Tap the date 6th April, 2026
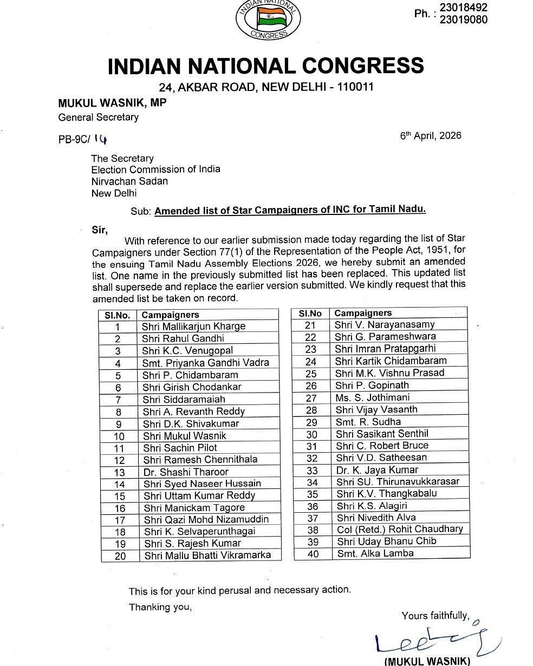(431, 135)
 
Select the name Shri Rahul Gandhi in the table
(183, 338)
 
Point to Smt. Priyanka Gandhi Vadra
(206, 363)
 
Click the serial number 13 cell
(120, 472)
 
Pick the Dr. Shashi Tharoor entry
(186, 472)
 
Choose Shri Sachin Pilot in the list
(180, 448)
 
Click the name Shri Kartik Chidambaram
(391, 361)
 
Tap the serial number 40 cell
(313, 554)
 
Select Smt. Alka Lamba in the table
(375, 553)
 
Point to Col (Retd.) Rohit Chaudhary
(400, 529)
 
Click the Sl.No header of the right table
(310, 313)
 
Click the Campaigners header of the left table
(171, 315)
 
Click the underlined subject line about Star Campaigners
(290, 211)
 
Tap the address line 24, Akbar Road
(266, 87)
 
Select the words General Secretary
(99, 117)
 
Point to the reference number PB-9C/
(76, 139)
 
